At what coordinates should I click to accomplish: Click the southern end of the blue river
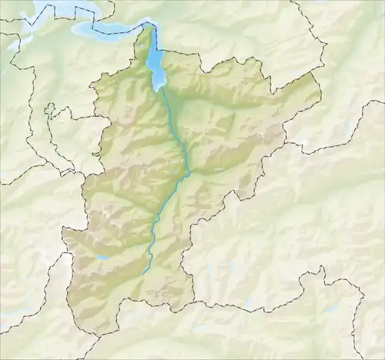[144, 272]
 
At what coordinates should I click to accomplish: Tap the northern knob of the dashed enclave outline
[52, 107]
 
